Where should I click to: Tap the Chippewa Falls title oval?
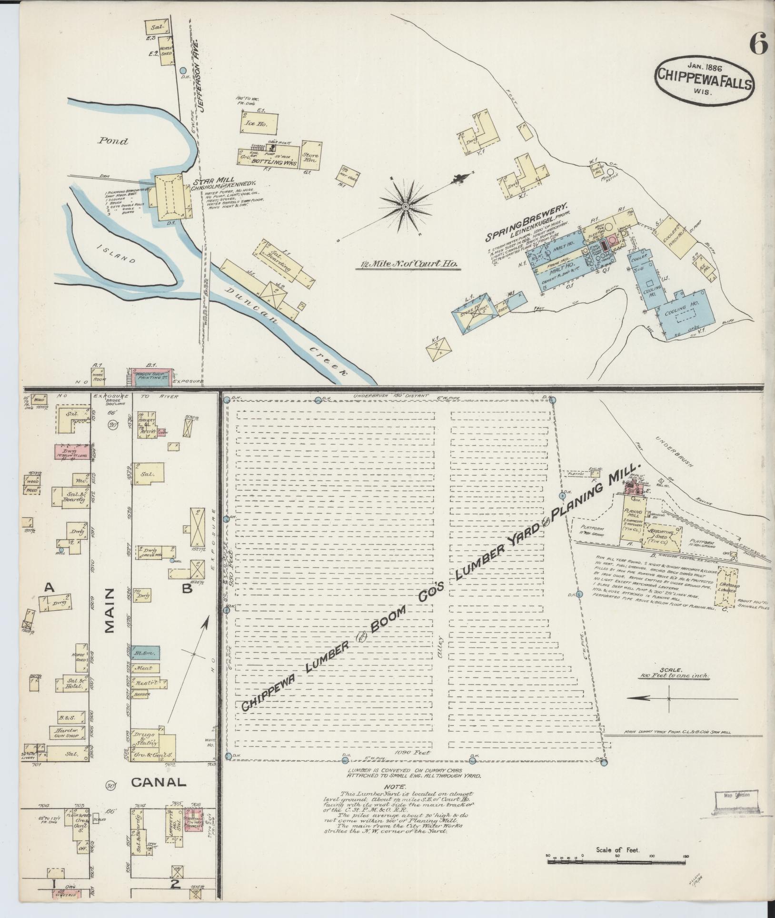[x=699, y=85]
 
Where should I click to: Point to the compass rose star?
[x=405, y=206]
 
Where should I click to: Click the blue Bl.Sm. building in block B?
[x=146, y=652]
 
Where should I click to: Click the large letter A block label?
[x=48, y=588]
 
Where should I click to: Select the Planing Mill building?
[x=634, y=522]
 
